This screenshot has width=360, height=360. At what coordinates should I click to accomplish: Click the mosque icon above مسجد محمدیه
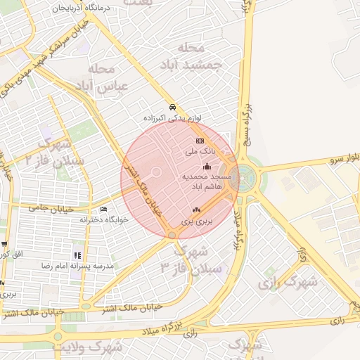tap(207, 167)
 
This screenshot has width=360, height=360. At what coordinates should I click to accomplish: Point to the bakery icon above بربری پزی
tap(196, 210)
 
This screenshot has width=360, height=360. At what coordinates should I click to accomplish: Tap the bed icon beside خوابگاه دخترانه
tap(105, 210)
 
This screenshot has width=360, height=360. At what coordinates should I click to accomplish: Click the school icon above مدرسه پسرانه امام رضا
tap(77, 255)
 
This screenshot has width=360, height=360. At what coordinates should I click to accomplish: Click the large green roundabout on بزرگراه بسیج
tap(247, 178)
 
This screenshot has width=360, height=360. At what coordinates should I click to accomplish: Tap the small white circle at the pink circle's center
tap(157, 172)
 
